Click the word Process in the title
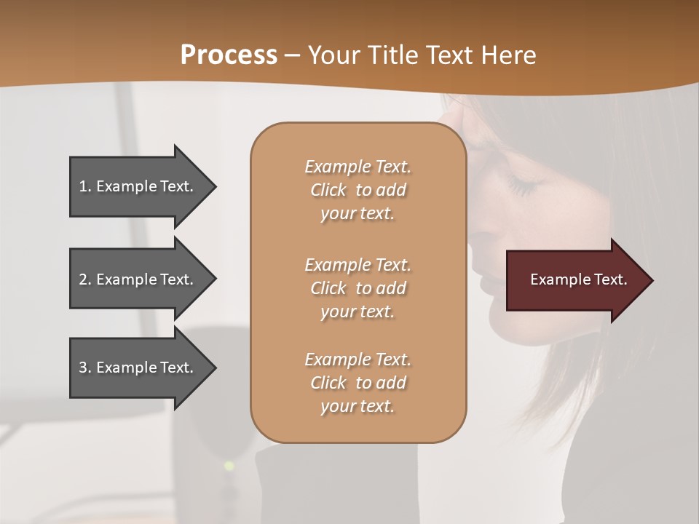coord(229,55)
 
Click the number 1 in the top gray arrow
coord(83,186)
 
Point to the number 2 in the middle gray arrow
coord(83,279)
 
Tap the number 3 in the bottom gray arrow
coord(83,368)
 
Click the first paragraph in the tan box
coord(358,190)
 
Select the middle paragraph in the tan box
coord(358,288)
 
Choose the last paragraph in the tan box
coord(358,383)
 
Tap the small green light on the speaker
coord(229,465)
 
